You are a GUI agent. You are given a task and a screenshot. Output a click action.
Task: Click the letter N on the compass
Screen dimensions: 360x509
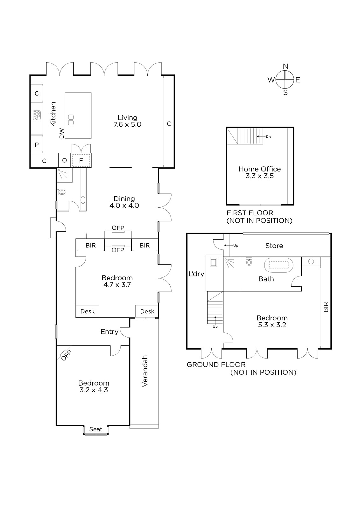coord(286,66)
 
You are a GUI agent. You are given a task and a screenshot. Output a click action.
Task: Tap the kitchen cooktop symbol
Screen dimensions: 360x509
coord(37,115)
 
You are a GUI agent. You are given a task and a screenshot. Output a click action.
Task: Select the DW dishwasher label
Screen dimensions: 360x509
coord(62,133)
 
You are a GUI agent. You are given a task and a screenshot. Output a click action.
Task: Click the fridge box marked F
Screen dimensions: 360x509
coord(81,160)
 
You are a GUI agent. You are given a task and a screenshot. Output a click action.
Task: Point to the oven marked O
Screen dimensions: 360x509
coord(64,160)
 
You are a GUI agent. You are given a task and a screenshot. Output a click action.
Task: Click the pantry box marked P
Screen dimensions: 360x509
coord(37,144)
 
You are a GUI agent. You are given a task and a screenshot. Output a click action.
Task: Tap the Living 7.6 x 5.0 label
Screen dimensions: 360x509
coord(127,121)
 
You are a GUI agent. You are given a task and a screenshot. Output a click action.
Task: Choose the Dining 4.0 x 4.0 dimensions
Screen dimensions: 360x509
coord(124,206)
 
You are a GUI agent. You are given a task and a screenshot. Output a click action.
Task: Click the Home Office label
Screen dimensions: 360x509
coord(260,169)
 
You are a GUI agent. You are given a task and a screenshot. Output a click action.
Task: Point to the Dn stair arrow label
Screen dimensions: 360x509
coord(268,136)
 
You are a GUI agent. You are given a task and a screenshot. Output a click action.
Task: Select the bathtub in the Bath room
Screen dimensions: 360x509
coord(279,265)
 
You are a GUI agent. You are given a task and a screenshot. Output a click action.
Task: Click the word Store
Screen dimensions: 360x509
coord(274,246)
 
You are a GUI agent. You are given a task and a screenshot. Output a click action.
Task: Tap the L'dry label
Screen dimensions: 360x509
coord(196,274)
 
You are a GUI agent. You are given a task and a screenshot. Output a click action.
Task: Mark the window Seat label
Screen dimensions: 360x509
coord(96,429)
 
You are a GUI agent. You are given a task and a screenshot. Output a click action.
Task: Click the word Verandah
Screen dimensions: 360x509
coord(145,371)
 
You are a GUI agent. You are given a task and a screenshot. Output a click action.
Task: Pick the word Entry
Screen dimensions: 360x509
coord(109,332)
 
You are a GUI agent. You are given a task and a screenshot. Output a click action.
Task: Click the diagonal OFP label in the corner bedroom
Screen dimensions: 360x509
coord(66,356)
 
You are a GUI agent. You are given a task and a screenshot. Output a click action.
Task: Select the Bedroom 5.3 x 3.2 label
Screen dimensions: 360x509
coord(272,321)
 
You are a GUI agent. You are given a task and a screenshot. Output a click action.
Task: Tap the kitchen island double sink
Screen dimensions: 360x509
coord(71,120)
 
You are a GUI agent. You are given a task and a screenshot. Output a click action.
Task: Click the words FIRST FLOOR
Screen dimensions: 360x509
coord(250,213)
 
